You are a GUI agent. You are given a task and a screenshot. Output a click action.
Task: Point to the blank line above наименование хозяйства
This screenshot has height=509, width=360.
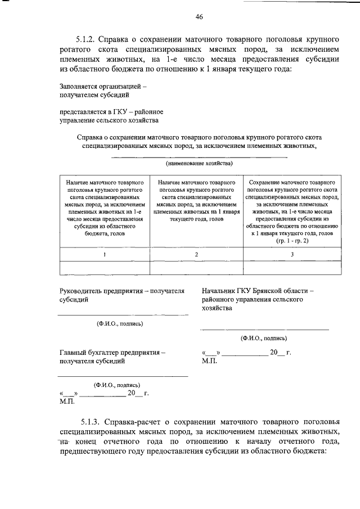click(199, 157)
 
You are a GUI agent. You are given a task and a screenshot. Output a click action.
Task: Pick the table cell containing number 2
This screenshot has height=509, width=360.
click(196, 254)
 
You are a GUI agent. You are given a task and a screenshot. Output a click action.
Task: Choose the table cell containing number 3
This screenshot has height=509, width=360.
click(291, 254)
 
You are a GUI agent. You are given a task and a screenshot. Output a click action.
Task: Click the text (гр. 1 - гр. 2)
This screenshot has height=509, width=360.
click(292, 241)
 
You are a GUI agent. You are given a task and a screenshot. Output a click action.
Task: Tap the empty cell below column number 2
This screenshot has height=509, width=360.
click(196, 268)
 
